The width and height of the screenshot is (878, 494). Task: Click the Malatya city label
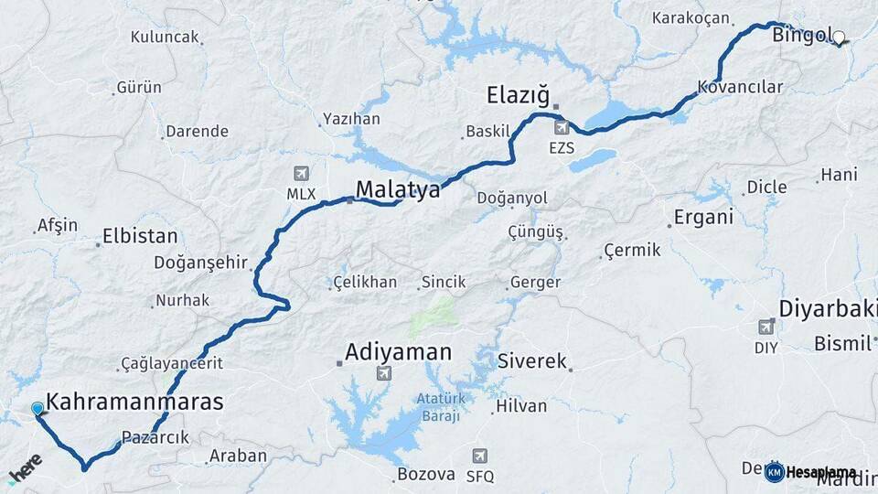click(x=397, y=189)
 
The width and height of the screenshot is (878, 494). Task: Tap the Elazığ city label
click(x=517, y=94)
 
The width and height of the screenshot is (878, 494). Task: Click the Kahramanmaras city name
click(x=134, y=402)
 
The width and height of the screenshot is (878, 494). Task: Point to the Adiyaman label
click(x=398, y=351)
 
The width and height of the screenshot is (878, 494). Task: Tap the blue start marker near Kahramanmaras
click(x=37, y=409)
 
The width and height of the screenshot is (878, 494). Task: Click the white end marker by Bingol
click(x=840, y=38)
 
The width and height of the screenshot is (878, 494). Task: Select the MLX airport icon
click(x=301, y=173)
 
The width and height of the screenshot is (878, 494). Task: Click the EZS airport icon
click(x=562, y=128)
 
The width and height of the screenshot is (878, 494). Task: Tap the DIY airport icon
click(x=766, y=327)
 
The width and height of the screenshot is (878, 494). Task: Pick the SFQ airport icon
click(x=479, y=456)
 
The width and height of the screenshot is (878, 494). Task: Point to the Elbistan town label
click(x=140, y=236)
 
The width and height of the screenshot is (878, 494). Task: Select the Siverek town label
click(x=532, y=361)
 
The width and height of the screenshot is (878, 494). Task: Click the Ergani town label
click(x=703, y=218)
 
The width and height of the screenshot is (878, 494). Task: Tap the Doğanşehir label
click(x=200, y=263)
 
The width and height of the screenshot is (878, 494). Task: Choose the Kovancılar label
click(x=740, y=87)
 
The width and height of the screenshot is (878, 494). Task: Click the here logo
click(x=25, y=467)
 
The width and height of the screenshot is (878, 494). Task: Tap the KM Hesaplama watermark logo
click(x=810, y=472)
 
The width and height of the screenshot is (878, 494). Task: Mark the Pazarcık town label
click(x=155, y=437)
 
